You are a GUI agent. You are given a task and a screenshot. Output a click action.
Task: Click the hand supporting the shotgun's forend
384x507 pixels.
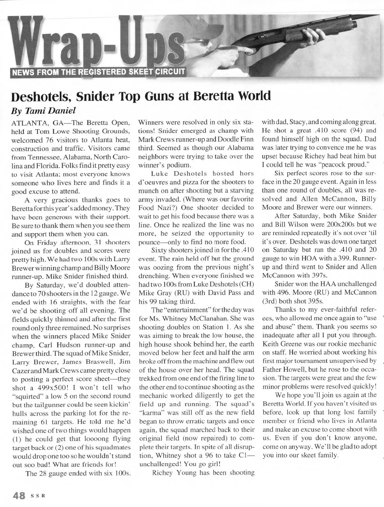tap(324, 37)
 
